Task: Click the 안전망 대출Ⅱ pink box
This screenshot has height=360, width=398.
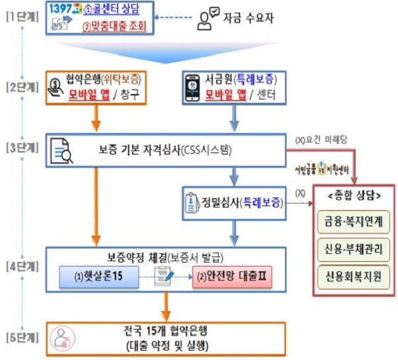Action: (232, 276)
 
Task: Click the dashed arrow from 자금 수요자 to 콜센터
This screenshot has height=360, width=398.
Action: (172, 19)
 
